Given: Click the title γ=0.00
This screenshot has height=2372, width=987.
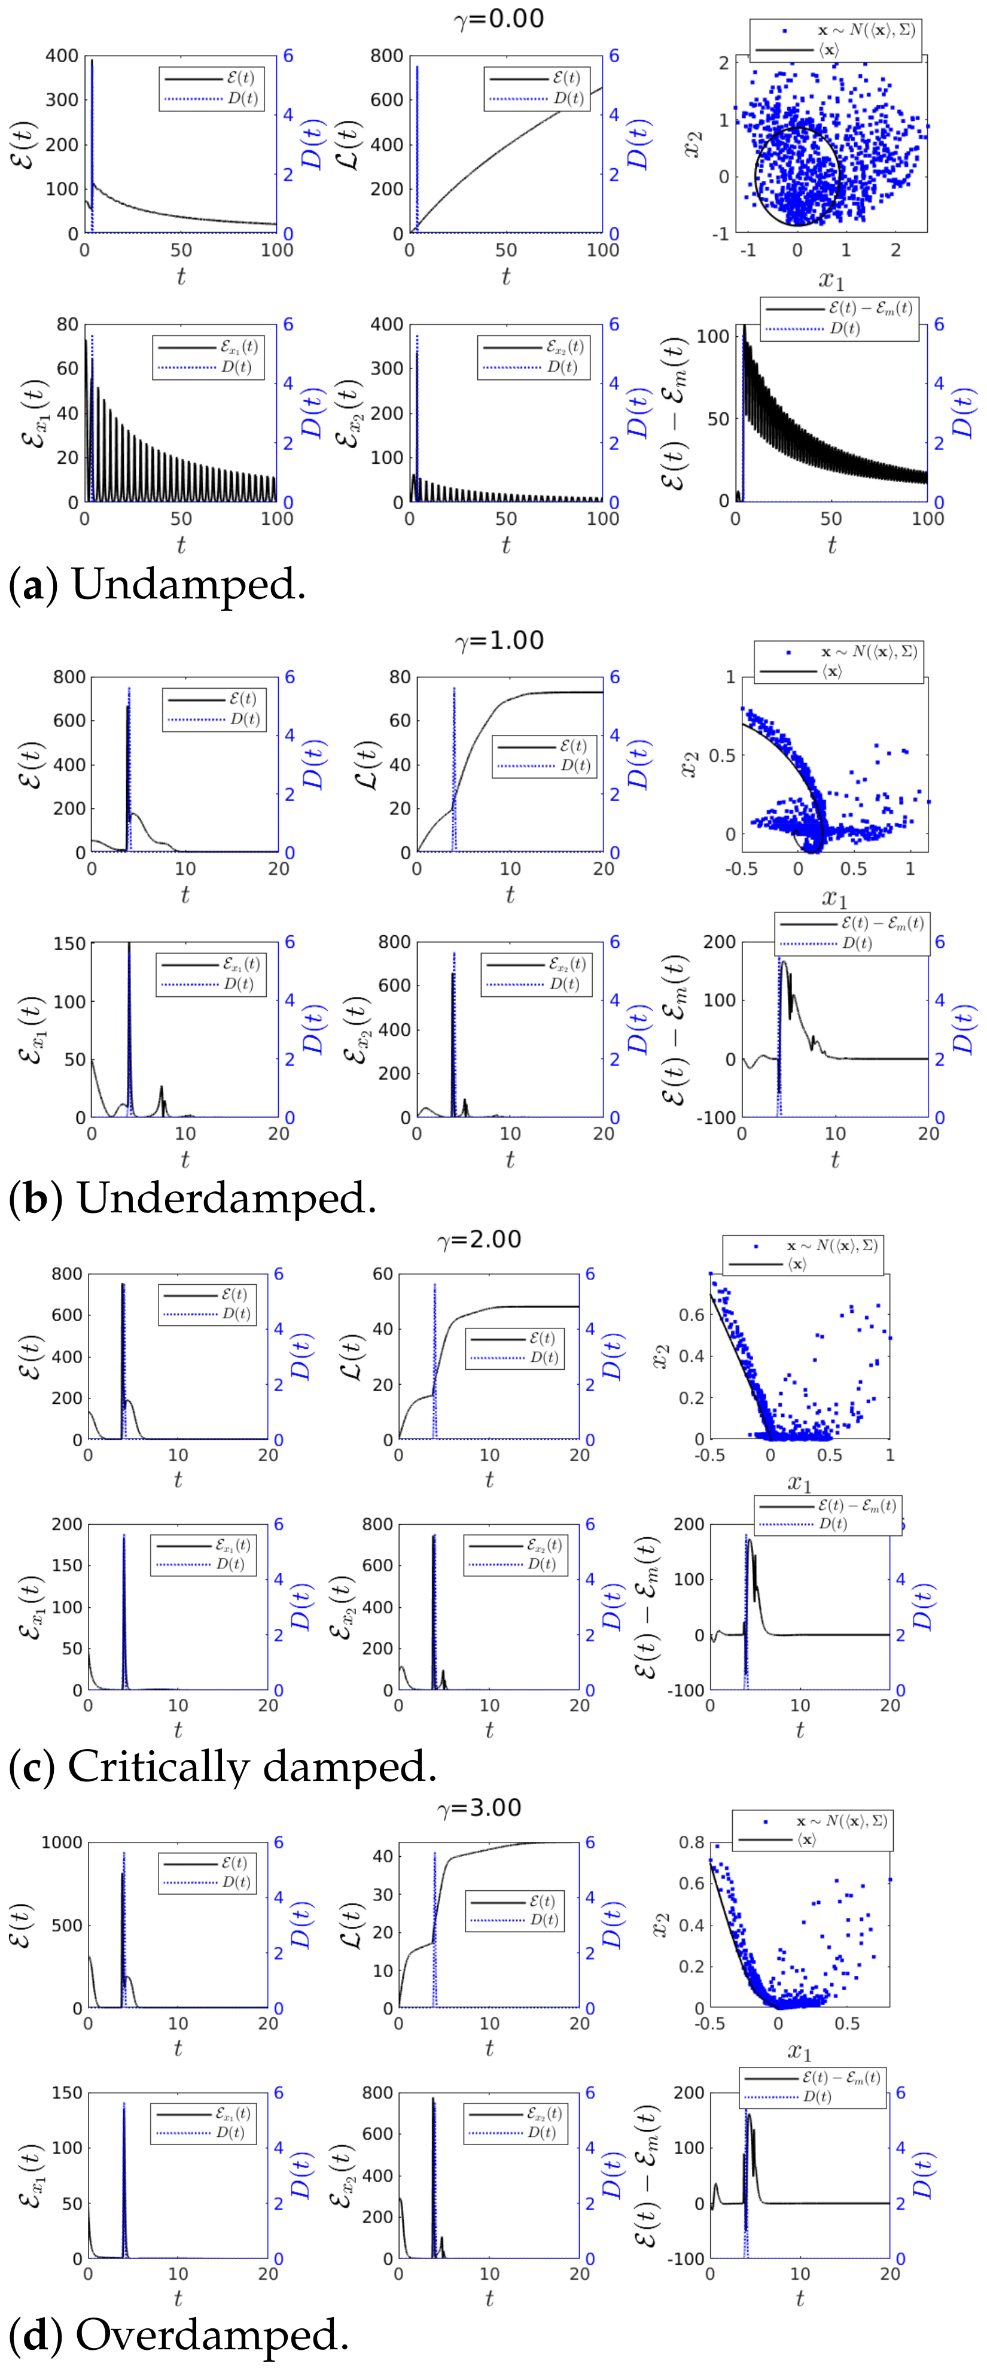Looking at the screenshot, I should tap(499, 19).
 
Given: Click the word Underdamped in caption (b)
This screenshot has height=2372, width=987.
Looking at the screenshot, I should tap(226, 1198).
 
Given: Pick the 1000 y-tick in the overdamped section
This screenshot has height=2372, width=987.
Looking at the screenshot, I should tap(62, 1842).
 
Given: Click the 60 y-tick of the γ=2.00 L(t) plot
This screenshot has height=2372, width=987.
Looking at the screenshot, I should tap(383, 1275).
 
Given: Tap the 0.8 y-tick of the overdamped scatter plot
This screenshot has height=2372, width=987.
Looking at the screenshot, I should tap(691, 1842).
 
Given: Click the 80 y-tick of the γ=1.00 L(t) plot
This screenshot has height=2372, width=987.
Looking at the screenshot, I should tap(400, 677).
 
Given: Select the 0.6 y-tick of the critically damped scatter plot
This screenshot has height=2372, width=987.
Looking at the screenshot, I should tap(691, 1315).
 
